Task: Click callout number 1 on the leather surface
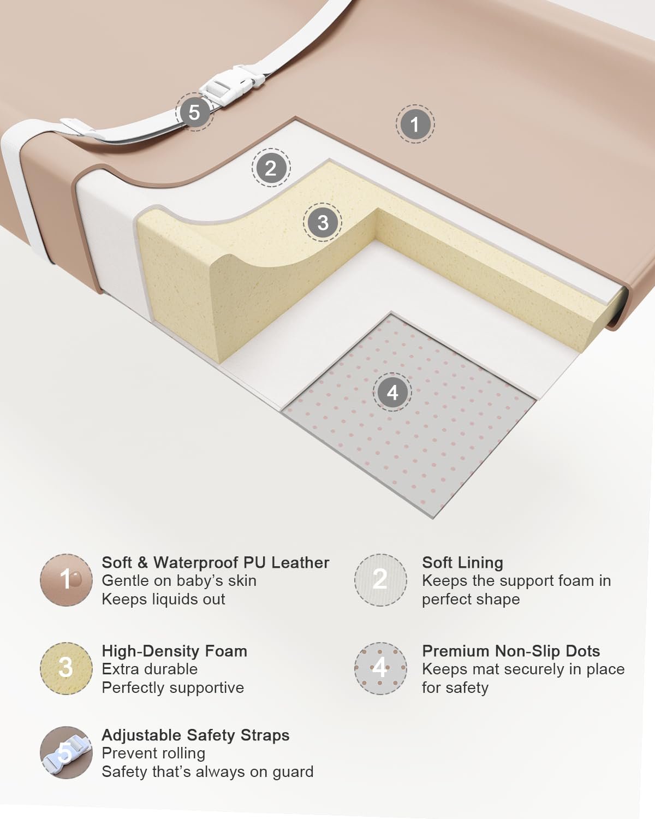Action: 415,124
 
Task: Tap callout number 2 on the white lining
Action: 271,168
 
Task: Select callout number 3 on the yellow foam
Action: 323,222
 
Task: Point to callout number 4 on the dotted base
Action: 392,392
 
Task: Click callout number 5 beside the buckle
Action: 194,112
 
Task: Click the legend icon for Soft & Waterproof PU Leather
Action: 66,580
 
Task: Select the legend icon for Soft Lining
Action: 380,580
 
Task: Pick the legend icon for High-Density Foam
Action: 66,668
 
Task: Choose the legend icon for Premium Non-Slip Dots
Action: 380,668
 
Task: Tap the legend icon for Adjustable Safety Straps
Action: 66,752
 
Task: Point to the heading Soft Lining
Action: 462,563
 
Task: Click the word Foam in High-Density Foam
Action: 226,651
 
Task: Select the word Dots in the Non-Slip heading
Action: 583,651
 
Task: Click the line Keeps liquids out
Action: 163,600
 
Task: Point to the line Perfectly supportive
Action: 173,688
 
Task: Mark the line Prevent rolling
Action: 153,753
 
